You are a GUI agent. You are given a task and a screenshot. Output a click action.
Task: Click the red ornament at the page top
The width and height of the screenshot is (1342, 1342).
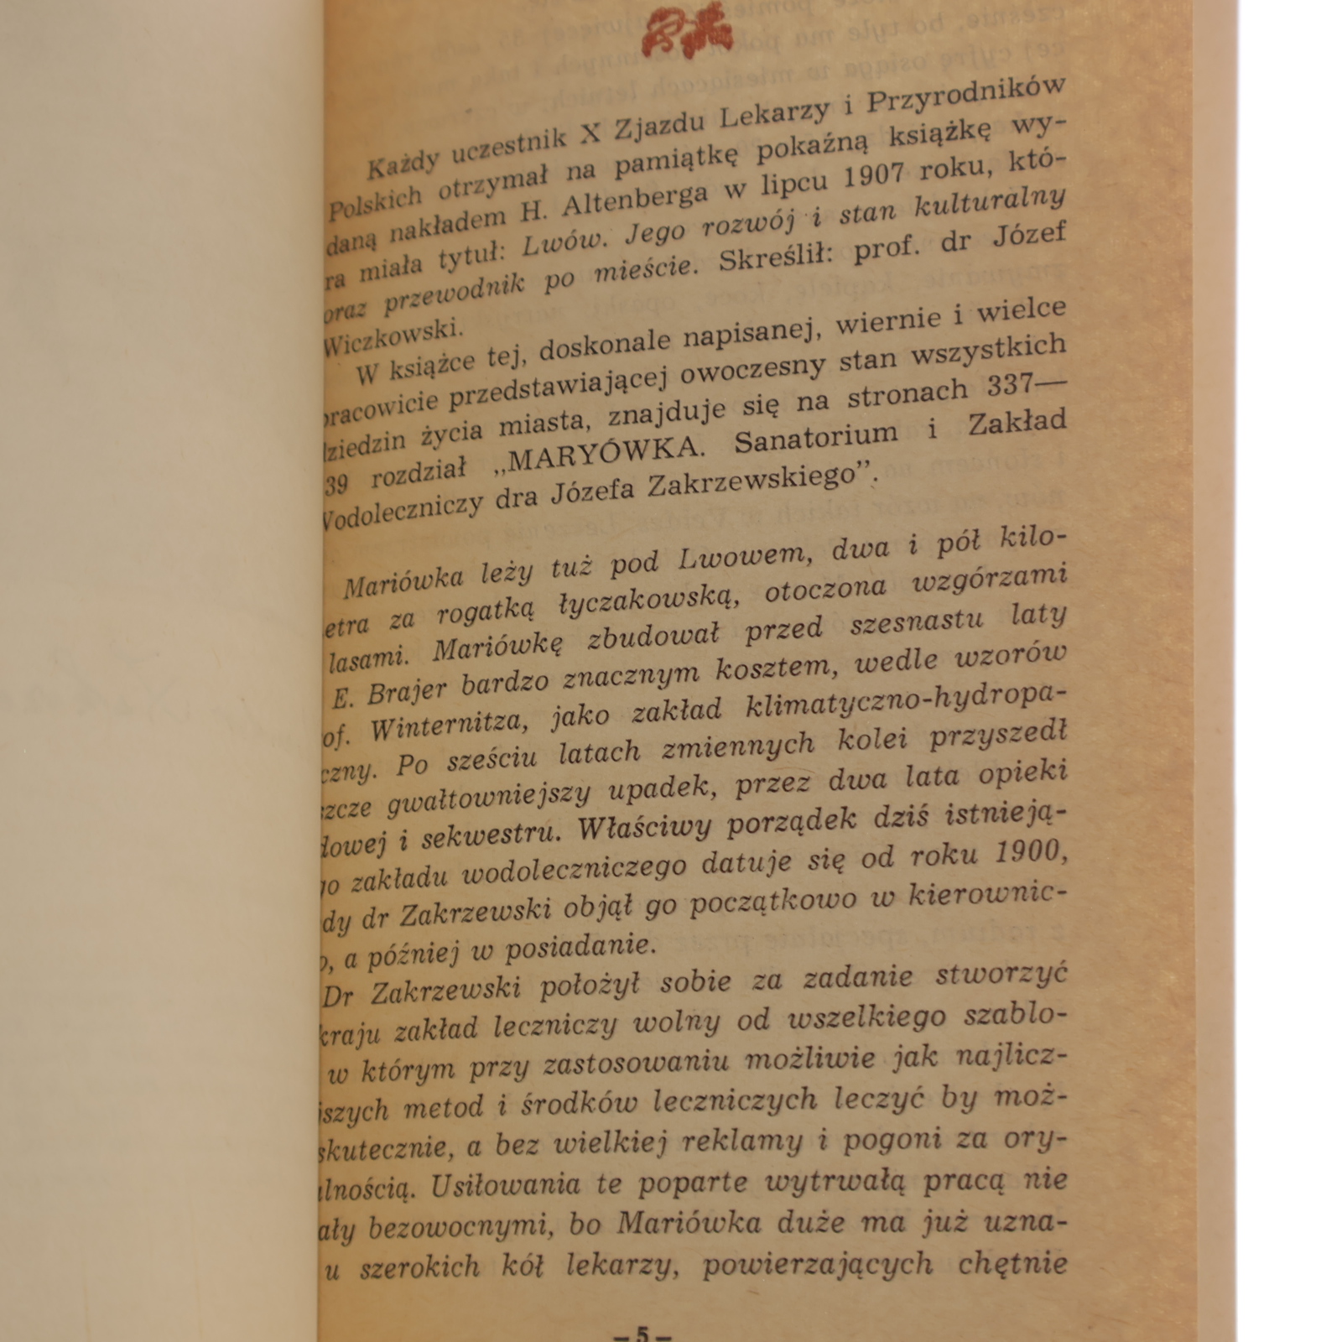coord(687,32)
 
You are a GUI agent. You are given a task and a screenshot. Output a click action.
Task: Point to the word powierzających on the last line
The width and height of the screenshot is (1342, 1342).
coord(817,1264)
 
